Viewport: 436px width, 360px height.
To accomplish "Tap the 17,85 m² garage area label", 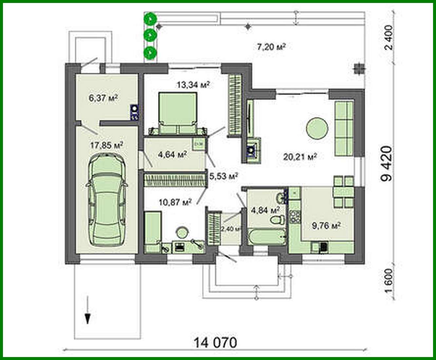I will pyautogui.click(x=106, y=145).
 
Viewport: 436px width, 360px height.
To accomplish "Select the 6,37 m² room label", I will pyautogui.click(x=103, y=98).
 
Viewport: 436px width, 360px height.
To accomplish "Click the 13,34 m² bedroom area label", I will pyautogui.click(x=193, y=85).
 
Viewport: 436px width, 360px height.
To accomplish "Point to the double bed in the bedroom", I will pyautogui.click(x=178, y=113).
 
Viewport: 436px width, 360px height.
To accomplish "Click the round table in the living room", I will pyautogui.click(x=317, y=129).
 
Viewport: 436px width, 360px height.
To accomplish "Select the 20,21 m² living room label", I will pyautogui.click(x=300, y=157).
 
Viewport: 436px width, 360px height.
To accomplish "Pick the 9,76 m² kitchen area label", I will pyautogui.click(x=326, y=226).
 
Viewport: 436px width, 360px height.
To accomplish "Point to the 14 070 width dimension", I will pyautogui.click(x=215, y=343).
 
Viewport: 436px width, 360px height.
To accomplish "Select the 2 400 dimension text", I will pyautogui.click(x=389, y=37).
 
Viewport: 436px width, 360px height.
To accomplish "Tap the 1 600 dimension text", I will pyautogui.click(x=389, y=283).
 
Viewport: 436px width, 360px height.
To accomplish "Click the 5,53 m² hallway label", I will pyautogui.click(x=223, y=176).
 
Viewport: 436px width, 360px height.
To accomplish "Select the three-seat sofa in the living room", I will pyautogui.click(x=344, y=129).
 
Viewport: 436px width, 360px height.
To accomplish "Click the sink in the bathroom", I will pyautogui.click(x=281, y=198).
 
